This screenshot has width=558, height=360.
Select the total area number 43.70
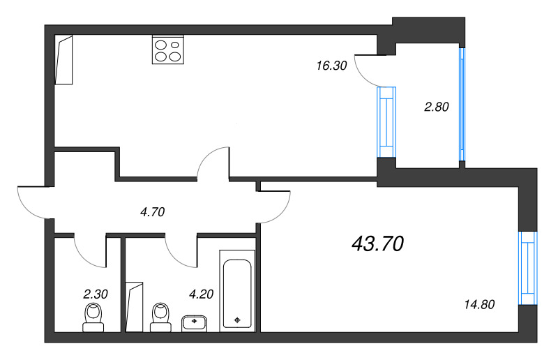pos(379,243)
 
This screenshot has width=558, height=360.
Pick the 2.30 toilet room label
pos(96,294)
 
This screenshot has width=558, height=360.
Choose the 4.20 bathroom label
pos(200,294)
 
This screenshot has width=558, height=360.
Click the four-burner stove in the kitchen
pos(167,50)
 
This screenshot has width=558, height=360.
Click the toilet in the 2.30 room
pos(93,316)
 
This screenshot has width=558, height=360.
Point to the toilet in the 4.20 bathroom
pos(161,316)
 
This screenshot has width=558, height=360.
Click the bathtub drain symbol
pos(239,320)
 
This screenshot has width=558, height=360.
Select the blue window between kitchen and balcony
pos(386,122)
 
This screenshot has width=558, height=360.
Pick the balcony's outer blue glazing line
pos(461,105)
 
